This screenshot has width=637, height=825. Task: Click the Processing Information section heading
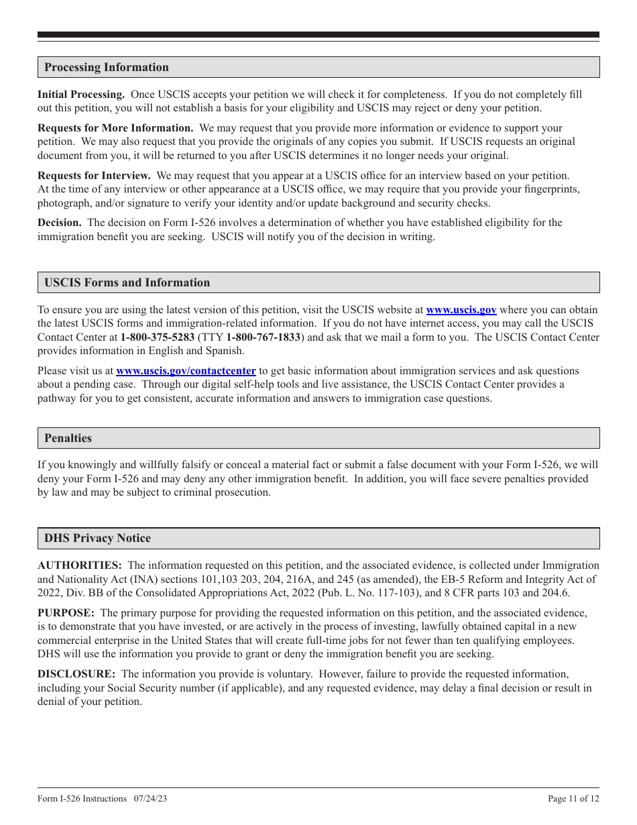click(x=107, y=67)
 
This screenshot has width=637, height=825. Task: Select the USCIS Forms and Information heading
click(x=127, y=282)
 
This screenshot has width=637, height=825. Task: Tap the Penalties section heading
click(x=68, y=438)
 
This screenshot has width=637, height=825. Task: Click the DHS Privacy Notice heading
click(x=97, y=538)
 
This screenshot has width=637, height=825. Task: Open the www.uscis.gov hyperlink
click(x=461, y=310)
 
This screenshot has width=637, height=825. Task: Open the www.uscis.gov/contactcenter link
click(x=186, y=370)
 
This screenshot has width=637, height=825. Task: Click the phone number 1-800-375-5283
click(x=158, y=337)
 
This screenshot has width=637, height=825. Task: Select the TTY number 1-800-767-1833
click(x=263, y=337)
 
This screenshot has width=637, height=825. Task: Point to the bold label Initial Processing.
click(x=80, y=95)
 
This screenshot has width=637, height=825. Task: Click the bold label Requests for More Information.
click(x=115, y=127)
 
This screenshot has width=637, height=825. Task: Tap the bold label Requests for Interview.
click(x=94, y=175)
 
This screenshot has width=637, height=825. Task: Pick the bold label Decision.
click(x=59, y=222)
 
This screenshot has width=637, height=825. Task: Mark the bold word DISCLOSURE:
click(x=76, y=673)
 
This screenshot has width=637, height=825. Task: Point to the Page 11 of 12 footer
click(x=573, y=798)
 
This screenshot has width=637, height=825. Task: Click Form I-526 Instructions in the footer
click(x=82, y=798)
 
